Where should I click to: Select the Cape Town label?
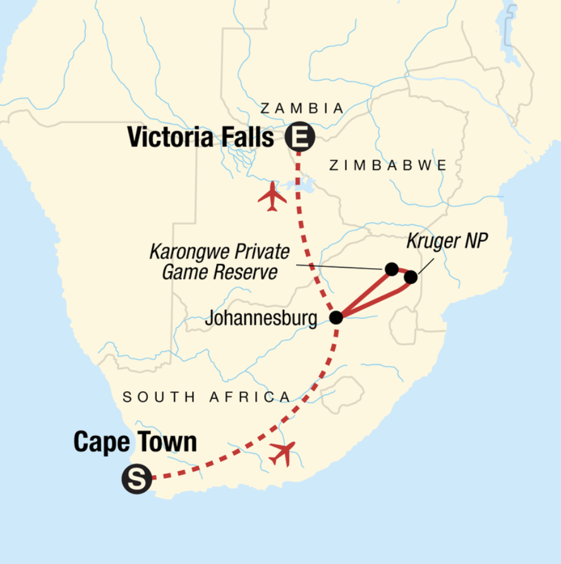[x=135, y=442]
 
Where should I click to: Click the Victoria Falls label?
[x=200, y=137]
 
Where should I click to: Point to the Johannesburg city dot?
[x=336, y=317]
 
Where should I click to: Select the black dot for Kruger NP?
[x=411, y=277]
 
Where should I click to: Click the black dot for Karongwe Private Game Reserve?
[x=392, y=269]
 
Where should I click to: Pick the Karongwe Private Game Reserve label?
[x=219, y=262]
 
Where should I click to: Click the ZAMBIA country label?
[x=302, y=109]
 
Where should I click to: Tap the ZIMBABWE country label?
[x=388, y=165]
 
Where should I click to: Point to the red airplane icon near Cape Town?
[x=282, y=452]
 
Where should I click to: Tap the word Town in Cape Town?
[x=166, y=442]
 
